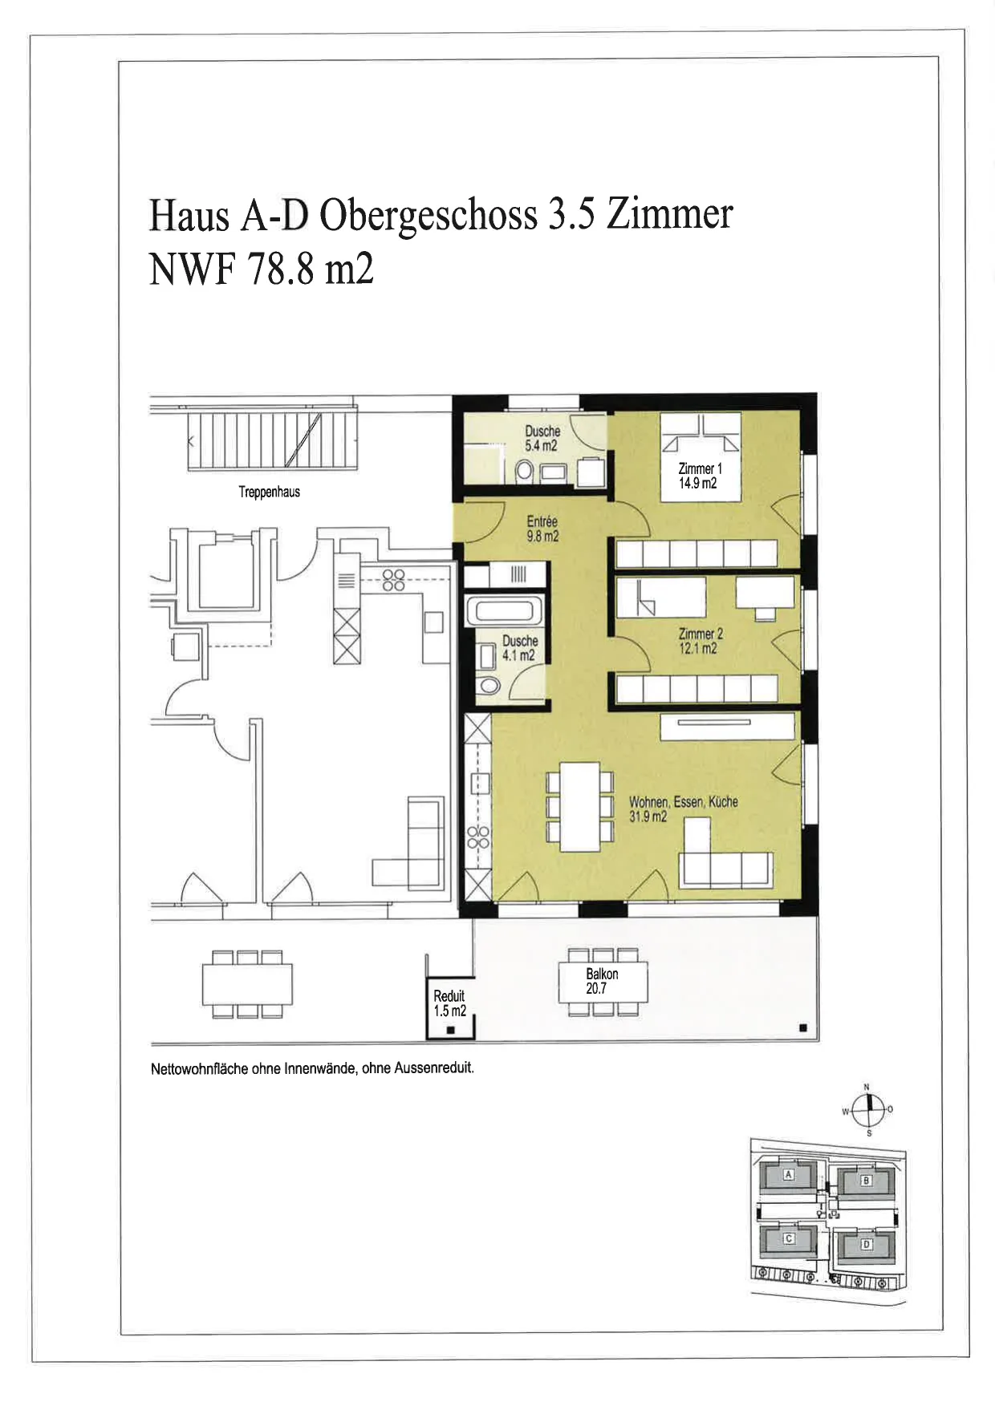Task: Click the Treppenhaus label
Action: [x=269, y=492]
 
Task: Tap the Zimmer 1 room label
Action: [x=700, y=476]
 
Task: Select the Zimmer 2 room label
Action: [x=700, y=641]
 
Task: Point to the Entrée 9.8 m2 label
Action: [x=542, y=529]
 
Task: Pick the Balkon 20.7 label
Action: [x=602, y=981]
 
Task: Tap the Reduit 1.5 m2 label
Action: [x=449, y=1003]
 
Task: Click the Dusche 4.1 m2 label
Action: [x=519, y=648]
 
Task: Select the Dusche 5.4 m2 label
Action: [x=542, y=438]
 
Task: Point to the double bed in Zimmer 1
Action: [x=700, y=457]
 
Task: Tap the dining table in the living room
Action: [x=580, y=807]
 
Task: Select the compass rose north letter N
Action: [x=866, y=1088]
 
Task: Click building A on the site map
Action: [x=788, y=1176]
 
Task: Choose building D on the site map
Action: [x=866, y=1246]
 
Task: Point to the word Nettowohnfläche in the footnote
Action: [x=199, y=1069]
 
